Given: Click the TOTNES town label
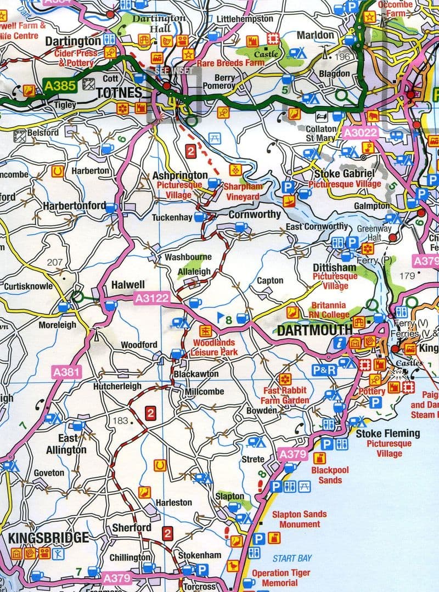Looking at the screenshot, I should [119, 93].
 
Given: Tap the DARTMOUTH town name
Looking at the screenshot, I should [314, 330].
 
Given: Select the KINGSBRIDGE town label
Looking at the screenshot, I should [48, 537].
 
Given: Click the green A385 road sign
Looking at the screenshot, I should [58, 87].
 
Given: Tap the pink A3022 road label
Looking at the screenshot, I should [358, 132].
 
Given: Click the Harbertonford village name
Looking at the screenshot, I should [74, 205].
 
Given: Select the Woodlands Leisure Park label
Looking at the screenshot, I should [213, 346].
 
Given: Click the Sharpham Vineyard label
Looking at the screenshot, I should [241, 191].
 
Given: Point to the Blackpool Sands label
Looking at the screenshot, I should [330, 475].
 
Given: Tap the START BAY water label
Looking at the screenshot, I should [292, 559].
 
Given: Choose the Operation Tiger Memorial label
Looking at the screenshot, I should [280, 578].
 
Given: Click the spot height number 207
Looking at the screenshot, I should [55, 262].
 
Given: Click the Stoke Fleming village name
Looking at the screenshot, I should [388, 433].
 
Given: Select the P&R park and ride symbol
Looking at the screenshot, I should [324, 370].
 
